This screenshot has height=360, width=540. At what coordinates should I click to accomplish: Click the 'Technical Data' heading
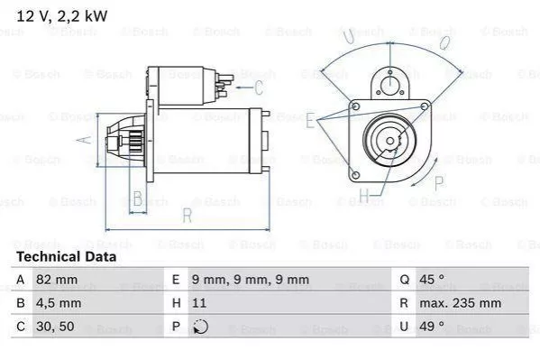tap(66, 256)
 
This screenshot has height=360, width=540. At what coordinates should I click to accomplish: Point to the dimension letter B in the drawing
tap(138, 198)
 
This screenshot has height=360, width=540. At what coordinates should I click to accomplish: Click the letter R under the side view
tap(185, 215)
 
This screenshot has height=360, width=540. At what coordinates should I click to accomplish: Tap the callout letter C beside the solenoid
tap(259, 88)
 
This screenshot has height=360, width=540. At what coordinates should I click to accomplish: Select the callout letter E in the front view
tap(310, 119)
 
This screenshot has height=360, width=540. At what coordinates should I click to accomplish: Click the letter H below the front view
tap(364, 195)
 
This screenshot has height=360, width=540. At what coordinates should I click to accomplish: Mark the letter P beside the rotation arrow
tap(439, 182)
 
